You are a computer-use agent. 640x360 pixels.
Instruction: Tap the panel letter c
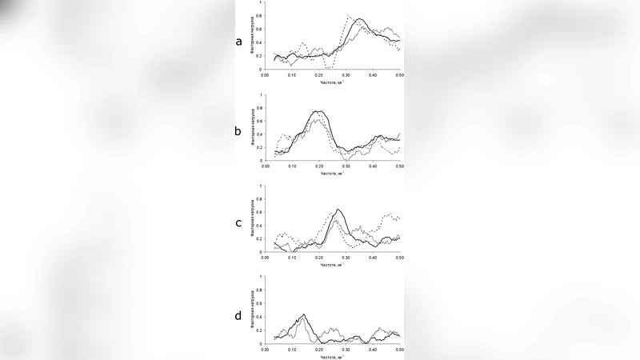coord(238,223)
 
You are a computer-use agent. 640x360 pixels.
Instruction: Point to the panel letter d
coord(238,316)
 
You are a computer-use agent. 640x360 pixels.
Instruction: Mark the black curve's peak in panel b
coord(318,111)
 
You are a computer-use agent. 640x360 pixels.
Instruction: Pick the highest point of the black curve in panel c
coord(339,210)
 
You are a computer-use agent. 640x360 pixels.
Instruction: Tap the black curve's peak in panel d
coord(304,314)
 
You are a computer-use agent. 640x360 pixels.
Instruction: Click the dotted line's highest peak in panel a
coord(348,15)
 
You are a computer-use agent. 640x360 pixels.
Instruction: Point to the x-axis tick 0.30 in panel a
coord(346,75)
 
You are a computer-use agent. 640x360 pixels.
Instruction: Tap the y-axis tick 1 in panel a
coord(260,2)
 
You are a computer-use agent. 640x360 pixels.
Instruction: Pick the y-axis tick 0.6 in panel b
coord(258,121)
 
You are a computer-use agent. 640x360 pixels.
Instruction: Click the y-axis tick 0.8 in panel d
coord(258,291)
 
